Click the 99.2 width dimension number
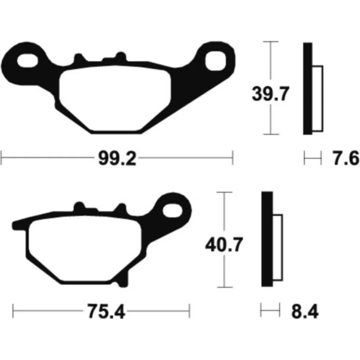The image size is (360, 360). (117, 158)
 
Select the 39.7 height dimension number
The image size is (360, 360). (270, 94)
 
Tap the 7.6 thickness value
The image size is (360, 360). (346, 158)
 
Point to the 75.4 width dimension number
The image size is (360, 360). (106, 311)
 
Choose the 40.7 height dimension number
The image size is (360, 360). (224, 245)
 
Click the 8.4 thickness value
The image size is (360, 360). (305, 311)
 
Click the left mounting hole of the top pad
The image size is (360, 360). (28, 61)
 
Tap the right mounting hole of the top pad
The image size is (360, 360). (216, 61)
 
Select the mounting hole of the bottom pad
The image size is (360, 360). (172, 211)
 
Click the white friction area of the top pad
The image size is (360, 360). (115, 98)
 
